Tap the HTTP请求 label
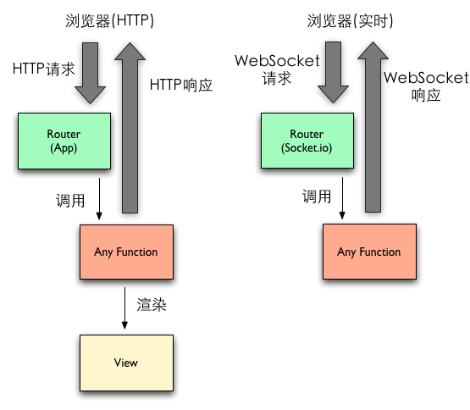tap(44, 68)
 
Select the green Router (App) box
tap(64, 141)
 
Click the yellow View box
tap(125, 363)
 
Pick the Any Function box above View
tap(125, 252)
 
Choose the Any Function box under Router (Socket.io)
tap(368, 252)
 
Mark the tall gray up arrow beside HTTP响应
tap(131, 127)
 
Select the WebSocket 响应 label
tap(426, 86)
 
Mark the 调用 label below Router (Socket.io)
tap(317, 197)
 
